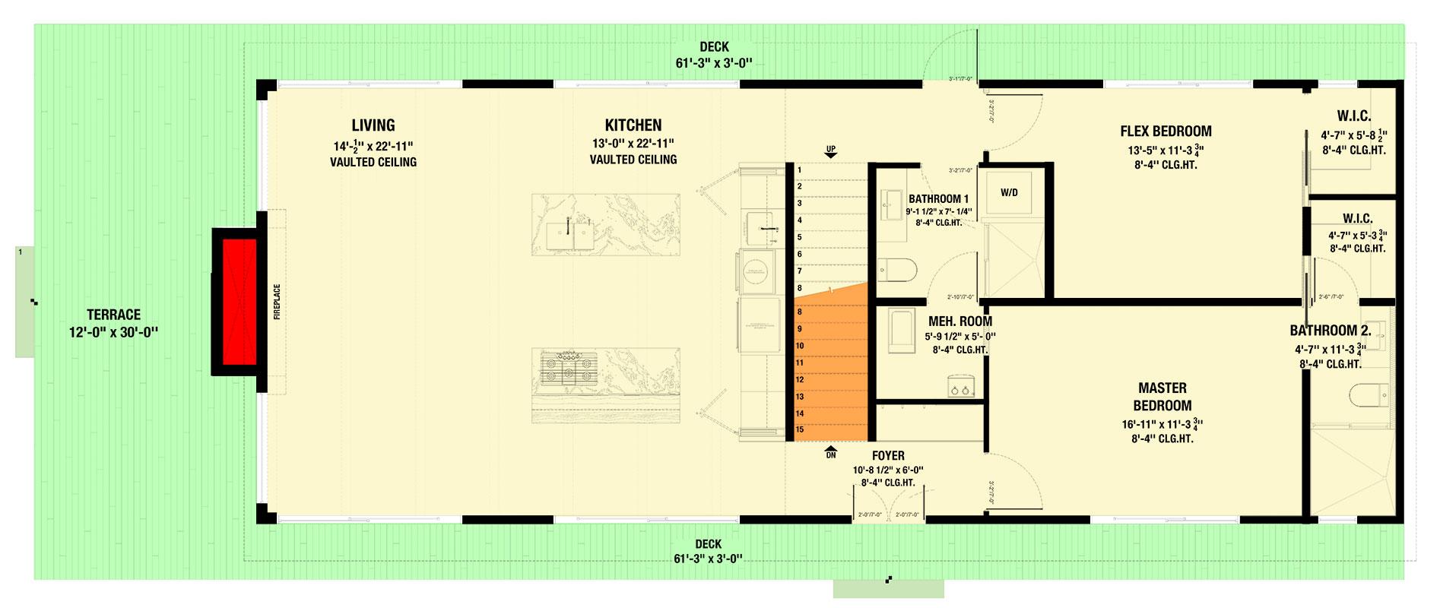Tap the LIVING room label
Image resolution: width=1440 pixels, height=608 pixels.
[x=373, y=125]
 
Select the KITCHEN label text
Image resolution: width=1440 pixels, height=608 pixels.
[x=633, y=125]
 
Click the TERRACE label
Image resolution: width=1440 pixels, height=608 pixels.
[x=113, y=315]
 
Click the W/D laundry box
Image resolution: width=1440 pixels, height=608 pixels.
[x=1008, y=192]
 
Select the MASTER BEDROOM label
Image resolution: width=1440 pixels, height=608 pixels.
[x=1162, y=397]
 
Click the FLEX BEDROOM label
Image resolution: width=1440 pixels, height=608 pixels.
[x=1165, y=131]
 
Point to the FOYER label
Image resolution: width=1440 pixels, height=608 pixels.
[x=887, y=456]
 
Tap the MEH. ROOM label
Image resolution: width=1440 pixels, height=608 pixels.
[x=959, y=321]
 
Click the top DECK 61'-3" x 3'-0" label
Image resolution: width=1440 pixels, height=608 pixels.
[x=713, y=48]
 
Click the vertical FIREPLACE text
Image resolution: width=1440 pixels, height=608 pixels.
[x=277, y=302]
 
